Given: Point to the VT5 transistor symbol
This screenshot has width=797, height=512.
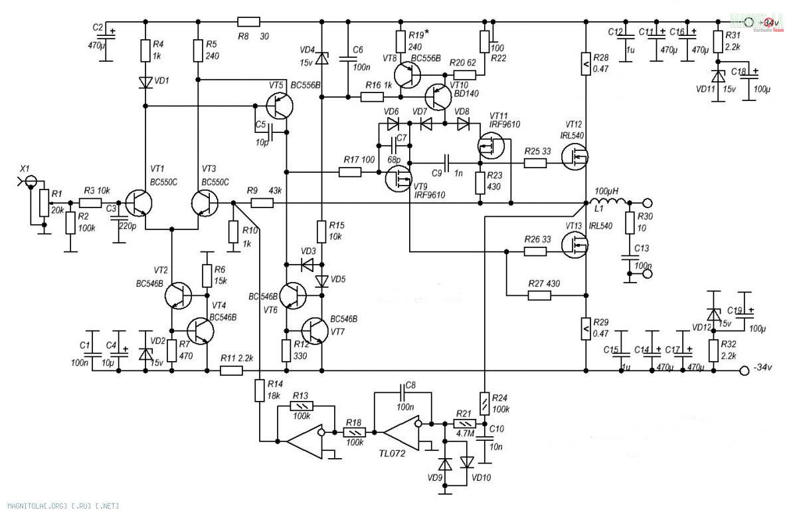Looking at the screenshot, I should (x=280, y=106).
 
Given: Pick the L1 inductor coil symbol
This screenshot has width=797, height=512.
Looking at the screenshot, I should (x=608, y=201).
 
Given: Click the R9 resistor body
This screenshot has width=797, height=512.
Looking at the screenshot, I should (x=261, y=203).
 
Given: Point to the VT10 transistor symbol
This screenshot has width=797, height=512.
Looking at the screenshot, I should (x=439, y=97).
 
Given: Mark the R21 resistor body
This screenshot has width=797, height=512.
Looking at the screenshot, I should (x=462, y=424).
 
